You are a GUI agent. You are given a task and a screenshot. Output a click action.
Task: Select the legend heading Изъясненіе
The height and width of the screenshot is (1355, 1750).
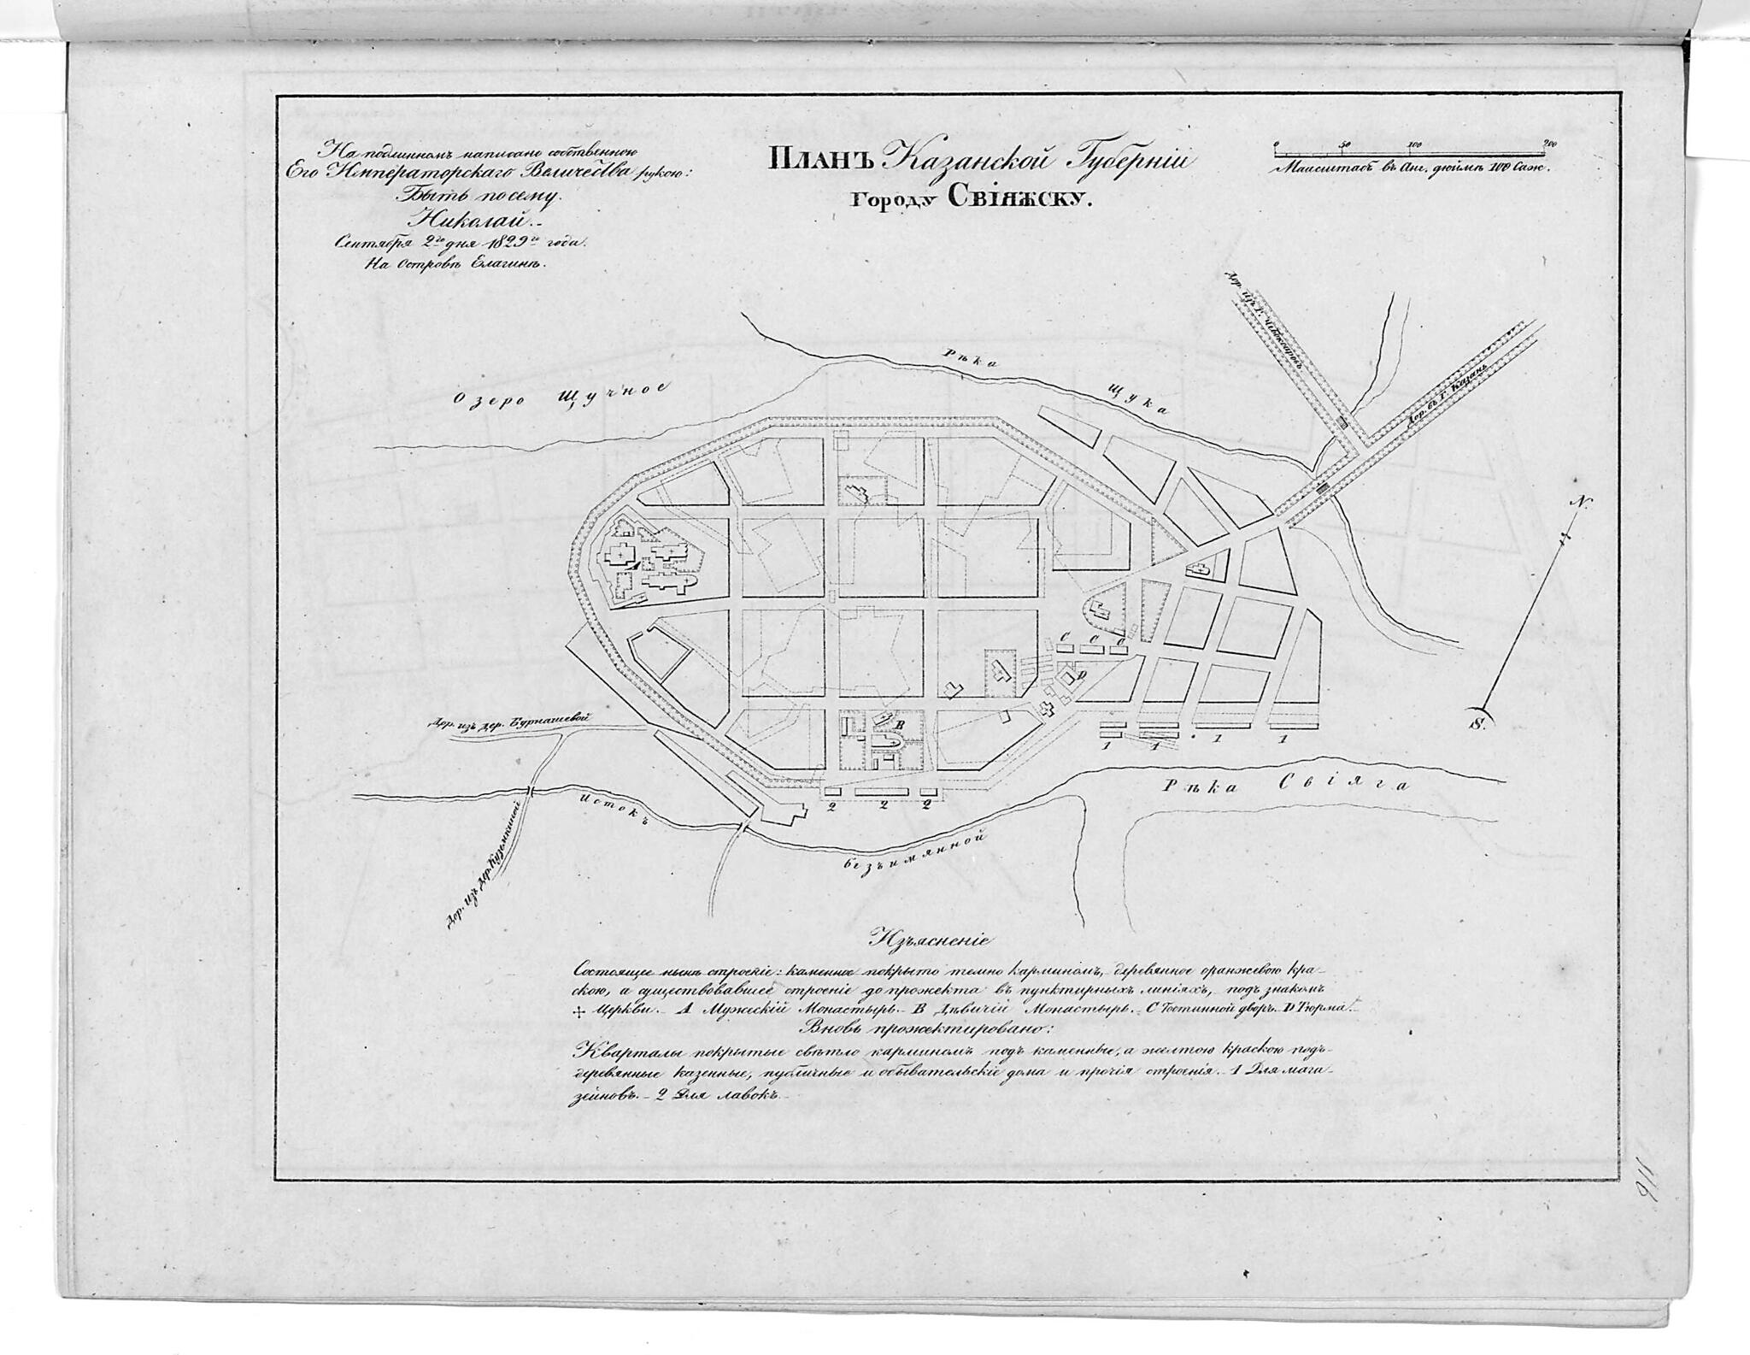click(x=928, y=939)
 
